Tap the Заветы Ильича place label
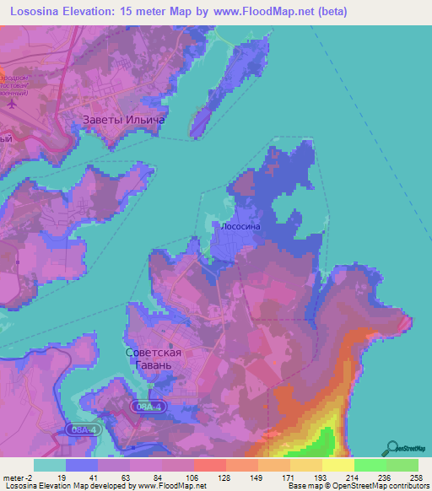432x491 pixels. (122, 120)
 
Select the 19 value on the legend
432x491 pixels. (62, 478)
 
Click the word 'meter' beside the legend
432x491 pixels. (14, 478)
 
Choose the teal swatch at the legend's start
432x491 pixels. (49, 465)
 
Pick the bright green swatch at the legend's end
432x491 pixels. (402, 465)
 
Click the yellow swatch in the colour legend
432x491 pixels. (338, 465)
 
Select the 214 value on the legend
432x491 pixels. (338, 478)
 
